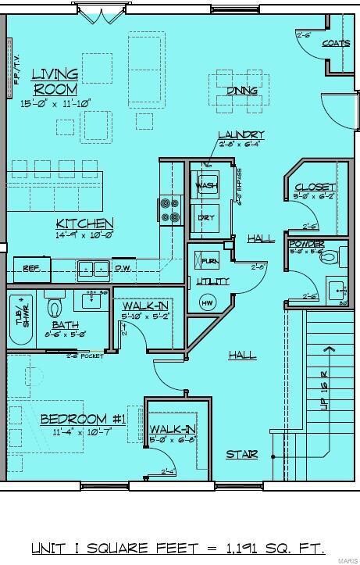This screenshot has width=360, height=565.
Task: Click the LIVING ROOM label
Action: [55, 81]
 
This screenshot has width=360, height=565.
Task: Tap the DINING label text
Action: [242, 91]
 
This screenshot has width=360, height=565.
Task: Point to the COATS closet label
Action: [336, 43]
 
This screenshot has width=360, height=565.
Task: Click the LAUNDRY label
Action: [241, 134]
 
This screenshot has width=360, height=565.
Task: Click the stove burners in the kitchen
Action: [170, 209]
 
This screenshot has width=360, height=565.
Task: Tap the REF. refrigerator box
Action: [31, 269]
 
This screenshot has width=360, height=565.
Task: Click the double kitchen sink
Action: [91, 269]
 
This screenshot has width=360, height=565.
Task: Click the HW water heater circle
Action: [207, 303]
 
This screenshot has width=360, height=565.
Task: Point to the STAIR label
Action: [241, 454]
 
